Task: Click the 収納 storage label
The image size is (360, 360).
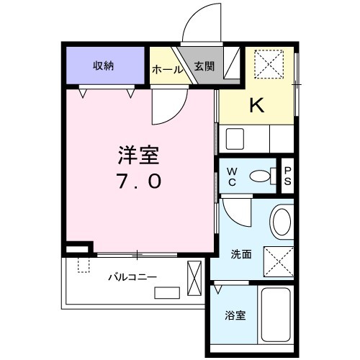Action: point(103,66)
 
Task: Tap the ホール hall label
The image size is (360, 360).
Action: point(167,70)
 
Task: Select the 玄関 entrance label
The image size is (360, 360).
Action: point(204,66)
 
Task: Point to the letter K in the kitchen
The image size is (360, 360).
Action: point(257,105)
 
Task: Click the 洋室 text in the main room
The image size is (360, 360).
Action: point(138,155)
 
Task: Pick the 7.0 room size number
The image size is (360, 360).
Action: point(138,181)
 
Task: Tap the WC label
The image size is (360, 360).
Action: point(232,177)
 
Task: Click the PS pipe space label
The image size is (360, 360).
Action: point(287,176)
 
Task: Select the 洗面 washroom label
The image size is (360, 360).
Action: point(241,254)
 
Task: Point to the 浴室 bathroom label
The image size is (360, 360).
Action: point(235,315)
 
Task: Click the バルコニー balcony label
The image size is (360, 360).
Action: point(132,277)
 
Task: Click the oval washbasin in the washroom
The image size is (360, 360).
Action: point(282,222)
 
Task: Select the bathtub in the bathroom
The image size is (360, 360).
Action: point(276,315)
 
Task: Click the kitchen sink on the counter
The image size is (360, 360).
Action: point(235,139)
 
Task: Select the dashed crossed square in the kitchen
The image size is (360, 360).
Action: point(269,64)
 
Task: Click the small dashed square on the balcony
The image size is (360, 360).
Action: point(84,265)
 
